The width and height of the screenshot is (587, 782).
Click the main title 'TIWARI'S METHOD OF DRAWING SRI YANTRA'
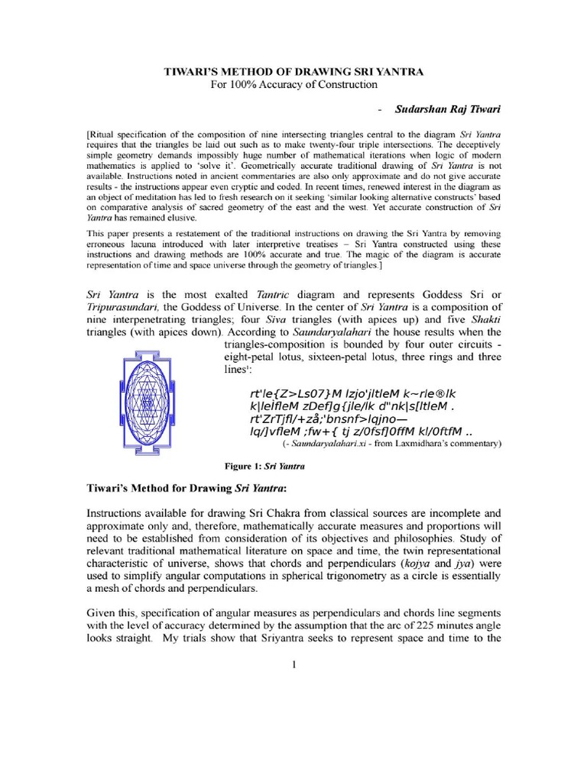pos(294,71)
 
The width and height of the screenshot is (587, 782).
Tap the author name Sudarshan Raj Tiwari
pos(447,109)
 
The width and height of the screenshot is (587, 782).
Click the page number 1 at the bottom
pos(293,664)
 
